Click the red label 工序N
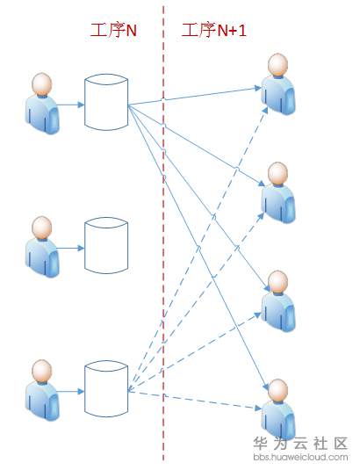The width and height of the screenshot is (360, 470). pos(113,30)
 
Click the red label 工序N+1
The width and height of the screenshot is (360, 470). pos(214,30)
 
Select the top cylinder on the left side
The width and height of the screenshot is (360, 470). pos(106,102)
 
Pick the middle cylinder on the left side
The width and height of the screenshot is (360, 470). pos(106,245)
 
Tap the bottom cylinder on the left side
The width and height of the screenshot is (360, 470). pos(106,389)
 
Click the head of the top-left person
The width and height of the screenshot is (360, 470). pos(42,83)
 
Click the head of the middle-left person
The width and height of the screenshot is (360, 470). pos(42,227)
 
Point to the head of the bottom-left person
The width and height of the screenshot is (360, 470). pos(42,370)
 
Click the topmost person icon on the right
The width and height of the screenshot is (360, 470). pos(278,84)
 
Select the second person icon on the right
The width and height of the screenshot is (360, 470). pos(278,192)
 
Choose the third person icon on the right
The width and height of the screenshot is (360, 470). pos(278,301)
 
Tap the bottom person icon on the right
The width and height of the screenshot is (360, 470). pos(278,409)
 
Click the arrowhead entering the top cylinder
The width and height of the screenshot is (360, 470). pos(81,105)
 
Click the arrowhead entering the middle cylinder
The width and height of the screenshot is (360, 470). pos(81,248)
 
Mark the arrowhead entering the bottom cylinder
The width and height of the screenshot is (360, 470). pos(81,391)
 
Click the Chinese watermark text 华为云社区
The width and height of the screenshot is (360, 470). pos(300,444)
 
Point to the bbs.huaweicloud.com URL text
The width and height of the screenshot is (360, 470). pos(300,457)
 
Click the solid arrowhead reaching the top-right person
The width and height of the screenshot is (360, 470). pos(257,88)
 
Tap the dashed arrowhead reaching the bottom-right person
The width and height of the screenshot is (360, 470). pos(257,408)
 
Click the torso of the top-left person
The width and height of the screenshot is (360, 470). pos(42,114)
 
